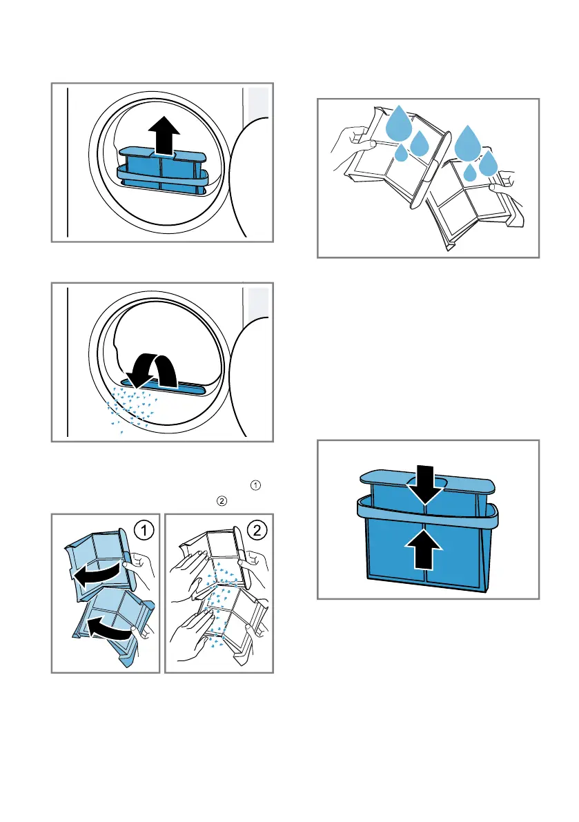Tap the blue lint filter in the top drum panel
pos(163,171)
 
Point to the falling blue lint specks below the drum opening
pos(130,411)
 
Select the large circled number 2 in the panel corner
pos(256,531)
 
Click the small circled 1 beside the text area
pos(255,485)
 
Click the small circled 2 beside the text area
pos(222,501)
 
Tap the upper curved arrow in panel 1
pos(97,556)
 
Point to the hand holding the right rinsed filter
pos(502,181)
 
